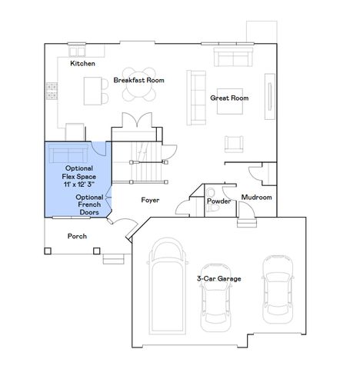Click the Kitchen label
(82, 64)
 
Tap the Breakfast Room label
(139, 80)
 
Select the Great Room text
(229, 98)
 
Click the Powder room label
(218, 201)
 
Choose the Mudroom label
(257, 198)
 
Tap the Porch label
(77, 236)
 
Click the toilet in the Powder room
(211, 190)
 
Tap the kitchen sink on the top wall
(78, 51)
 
